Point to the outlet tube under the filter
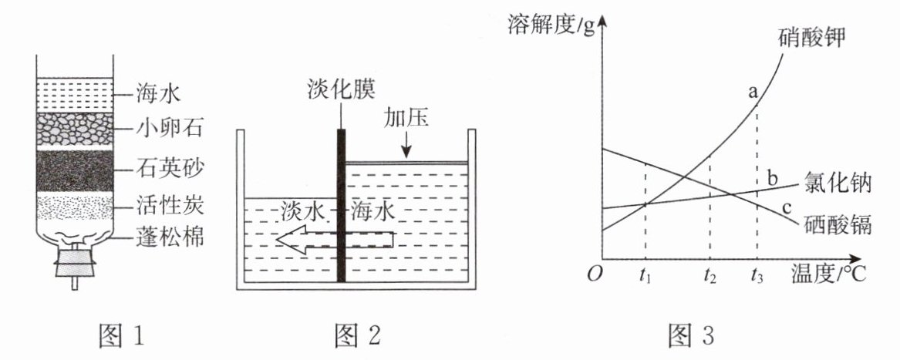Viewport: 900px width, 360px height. (x=75, y=283)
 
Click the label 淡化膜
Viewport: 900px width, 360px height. (x=339, y=89)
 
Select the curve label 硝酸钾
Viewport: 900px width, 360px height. (x=810, y=36)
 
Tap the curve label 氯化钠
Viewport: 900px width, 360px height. (x=836, y=183)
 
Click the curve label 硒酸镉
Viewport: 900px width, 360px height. (x=836, y=225)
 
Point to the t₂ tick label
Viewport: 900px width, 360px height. (x=710, y=274)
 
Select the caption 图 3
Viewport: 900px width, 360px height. (x=690, y=335)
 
